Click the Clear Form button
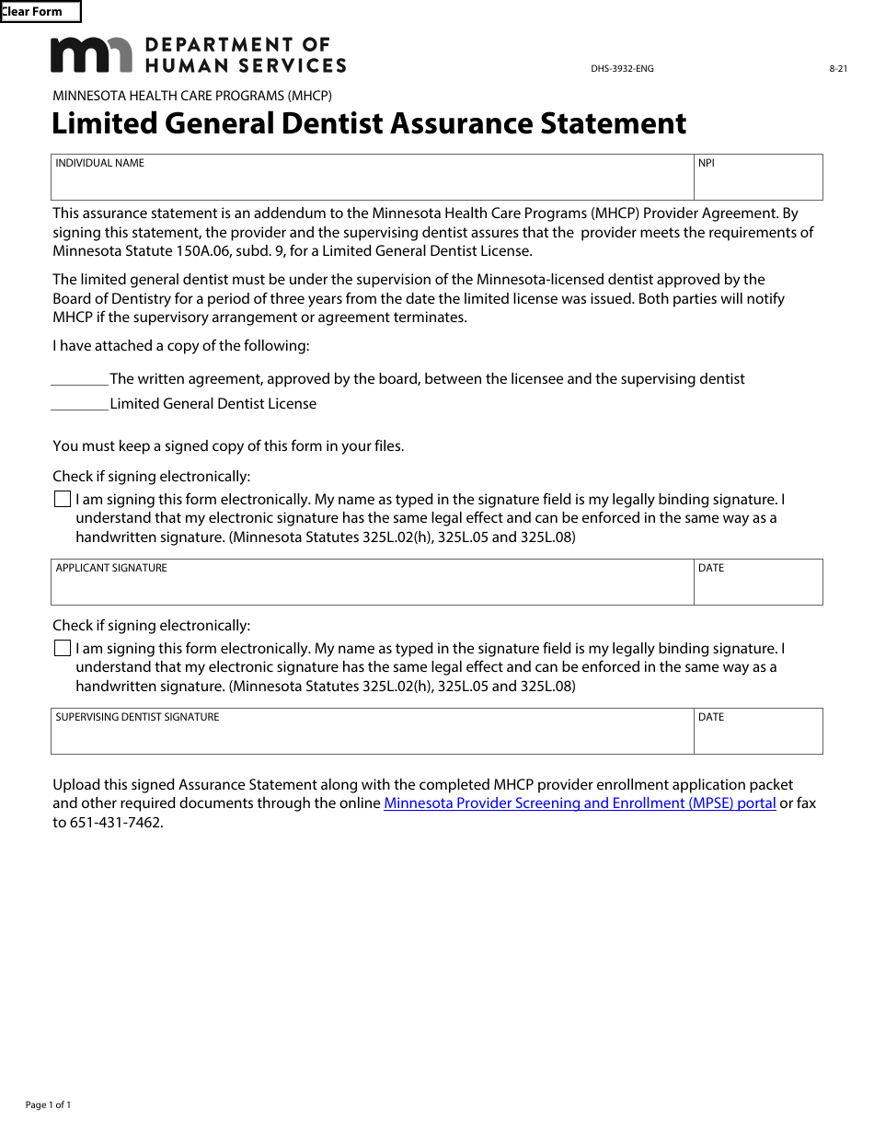pos(40,12)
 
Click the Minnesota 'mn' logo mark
pos(90,55)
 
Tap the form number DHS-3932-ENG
pos(622,69)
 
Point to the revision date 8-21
pos(837,69)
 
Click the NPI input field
pos(758,183)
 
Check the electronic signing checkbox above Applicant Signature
pos(63,500)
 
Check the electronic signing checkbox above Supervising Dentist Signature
pos(63,649)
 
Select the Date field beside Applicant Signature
pos(758,588)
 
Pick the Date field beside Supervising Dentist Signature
pos(758,737)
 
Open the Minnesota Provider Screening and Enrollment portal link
pos(580,803)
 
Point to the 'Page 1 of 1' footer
pos(48,1105)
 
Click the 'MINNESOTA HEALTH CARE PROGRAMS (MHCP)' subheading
pos(192,96)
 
